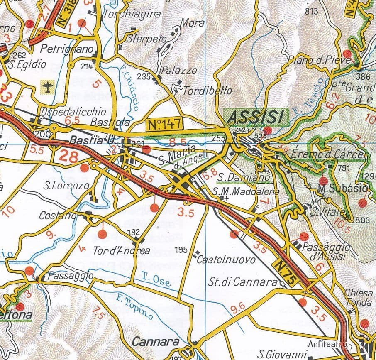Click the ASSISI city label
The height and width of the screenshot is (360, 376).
tap(256, 117)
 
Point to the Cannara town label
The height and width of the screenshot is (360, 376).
tap(156, 342)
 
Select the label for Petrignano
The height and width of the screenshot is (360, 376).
tap(67, 49)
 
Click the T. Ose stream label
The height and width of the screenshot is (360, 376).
tap(156, 279)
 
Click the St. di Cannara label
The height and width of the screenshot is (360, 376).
tap(243, 282)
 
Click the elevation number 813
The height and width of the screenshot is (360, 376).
tap(312, 11)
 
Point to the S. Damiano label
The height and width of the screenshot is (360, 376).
tap(245, 177)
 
